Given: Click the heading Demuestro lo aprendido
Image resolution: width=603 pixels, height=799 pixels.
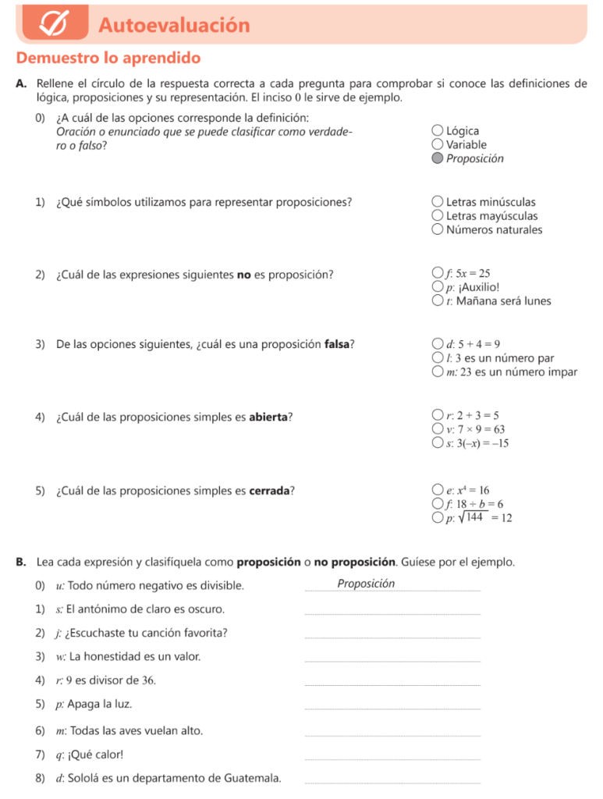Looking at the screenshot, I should pos(108,59).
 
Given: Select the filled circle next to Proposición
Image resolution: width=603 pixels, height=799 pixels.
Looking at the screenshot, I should pos(438,158).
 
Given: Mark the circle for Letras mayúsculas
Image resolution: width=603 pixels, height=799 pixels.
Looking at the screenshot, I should pos(438,216).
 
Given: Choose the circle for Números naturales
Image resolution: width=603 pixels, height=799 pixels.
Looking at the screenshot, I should pos(438,229).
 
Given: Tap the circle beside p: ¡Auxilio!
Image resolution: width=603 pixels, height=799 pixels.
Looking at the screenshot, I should pos(438,287).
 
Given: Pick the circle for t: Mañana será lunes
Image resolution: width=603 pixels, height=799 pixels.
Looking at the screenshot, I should pos(438,301).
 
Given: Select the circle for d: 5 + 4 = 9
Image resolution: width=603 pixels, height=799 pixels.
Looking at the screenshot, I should pos(438,344).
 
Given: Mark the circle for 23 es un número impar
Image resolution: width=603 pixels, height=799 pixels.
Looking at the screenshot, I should pos(438,372).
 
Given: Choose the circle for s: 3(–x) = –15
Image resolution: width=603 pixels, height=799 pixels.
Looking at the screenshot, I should pos(438,443).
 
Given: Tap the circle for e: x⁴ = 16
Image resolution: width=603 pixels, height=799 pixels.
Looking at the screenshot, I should pos(438,490).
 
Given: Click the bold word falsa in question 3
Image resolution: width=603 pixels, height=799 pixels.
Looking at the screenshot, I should pos(339,344).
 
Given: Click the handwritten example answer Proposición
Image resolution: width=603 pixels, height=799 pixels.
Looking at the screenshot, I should pos(366,584).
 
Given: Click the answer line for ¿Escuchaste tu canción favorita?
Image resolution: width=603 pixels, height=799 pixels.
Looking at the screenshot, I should pos(392,637).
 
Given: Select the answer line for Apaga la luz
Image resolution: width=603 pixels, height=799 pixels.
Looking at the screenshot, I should pos(392,709).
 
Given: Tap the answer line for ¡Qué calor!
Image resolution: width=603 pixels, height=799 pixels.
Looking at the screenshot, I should pos(392,759).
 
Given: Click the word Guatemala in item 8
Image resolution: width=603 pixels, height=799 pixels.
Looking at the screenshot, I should pos(252,778).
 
